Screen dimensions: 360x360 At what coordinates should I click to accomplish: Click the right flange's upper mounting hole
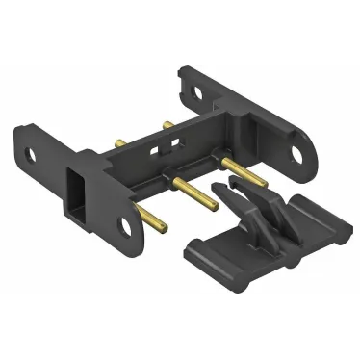(x=198, y=93)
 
